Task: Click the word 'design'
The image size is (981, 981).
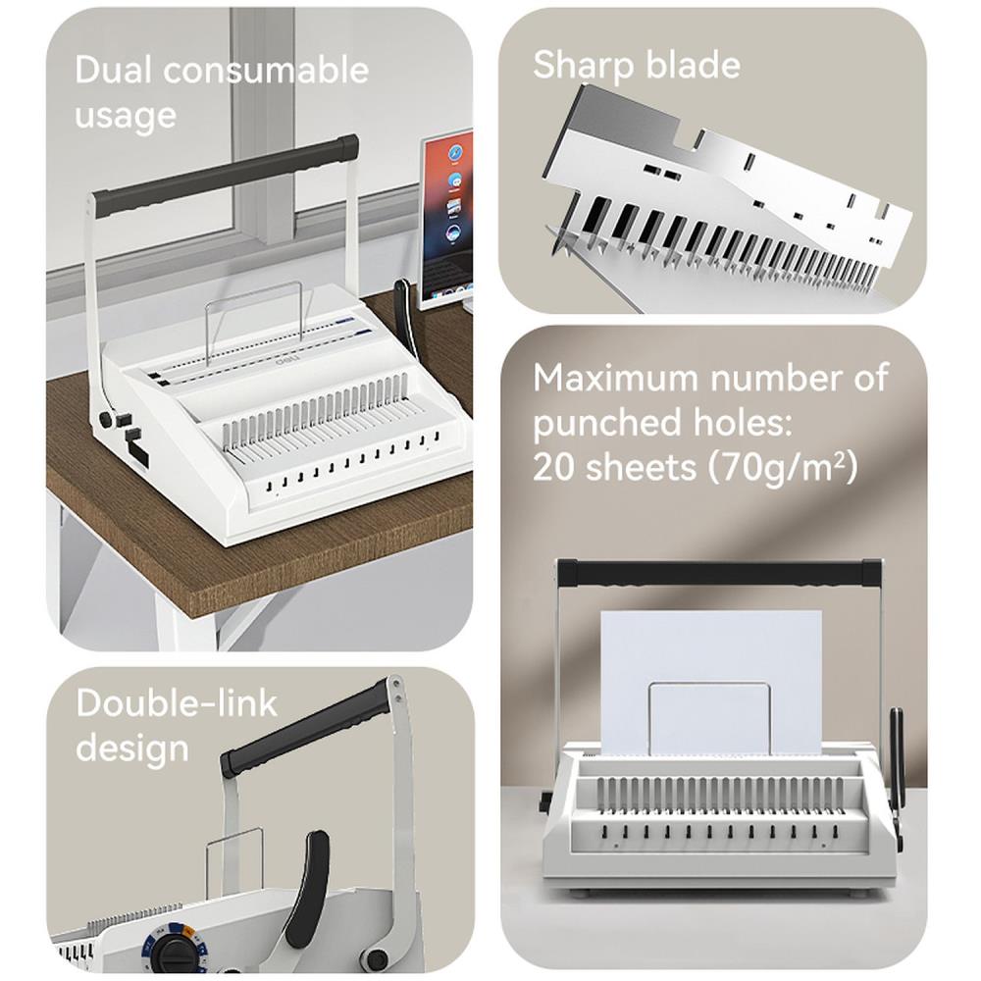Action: [131, 748]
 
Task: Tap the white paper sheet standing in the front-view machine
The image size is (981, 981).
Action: [710, 667]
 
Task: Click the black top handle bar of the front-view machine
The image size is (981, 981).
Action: [717, 572]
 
